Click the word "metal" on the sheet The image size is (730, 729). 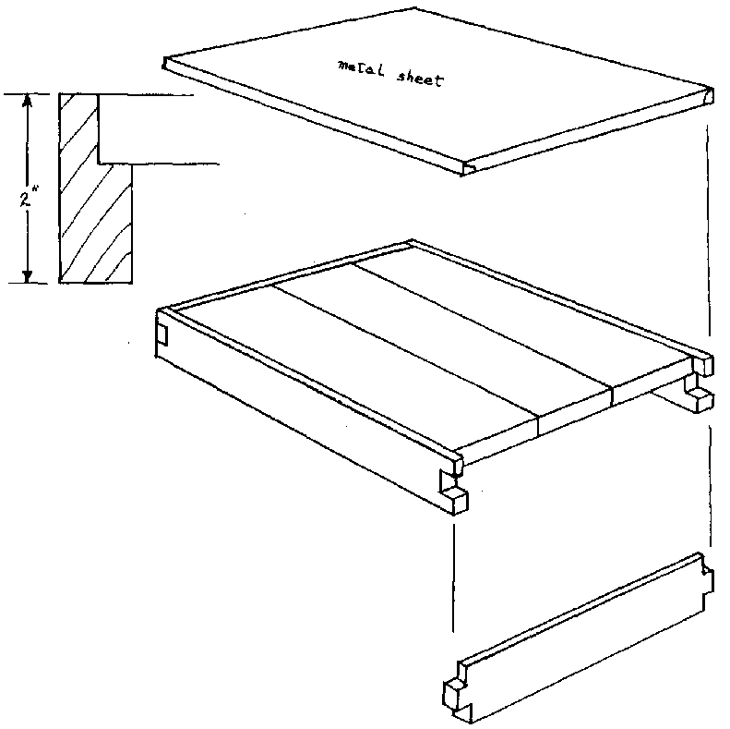[x=361, y=69]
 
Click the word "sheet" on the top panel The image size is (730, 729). [x=420, y=79]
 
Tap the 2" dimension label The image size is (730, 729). [x=27, y=200]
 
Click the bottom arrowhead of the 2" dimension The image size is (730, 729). [x=28, y=276]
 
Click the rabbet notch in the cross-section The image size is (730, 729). [x=115, y=129]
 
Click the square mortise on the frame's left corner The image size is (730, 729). [x=163, y=334]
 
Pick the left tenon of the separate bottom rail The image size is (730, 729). [x=454, y=691]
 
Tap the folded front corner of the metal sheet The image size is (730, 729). [x=468, y=168]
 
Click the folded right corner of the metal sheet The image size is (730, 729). [x=708, y=96]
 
